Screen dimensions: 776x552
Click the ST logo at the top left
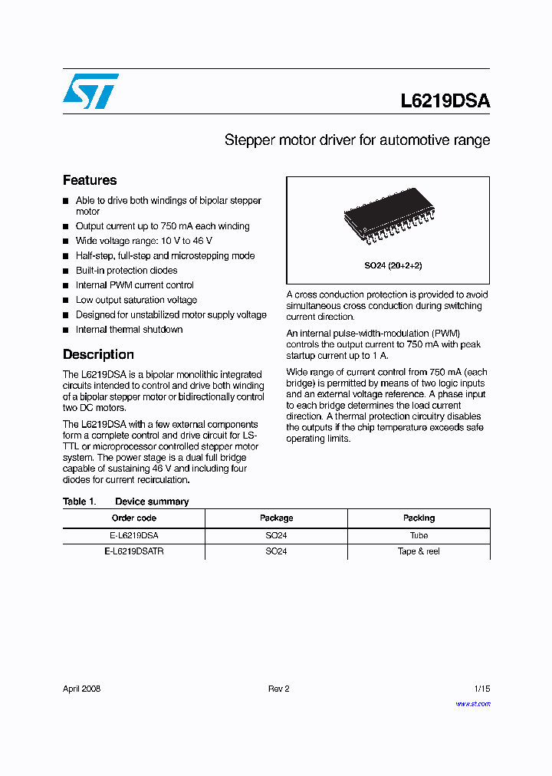point(90,91)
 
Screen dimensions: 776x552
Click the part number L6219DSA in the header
point(445,101)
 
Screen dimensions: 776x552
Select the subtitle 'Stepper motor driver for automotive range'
point(356,140)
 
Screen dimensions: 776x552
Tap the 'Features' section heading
point(90,180)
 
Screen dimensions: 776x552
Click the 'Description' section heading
point(98,354)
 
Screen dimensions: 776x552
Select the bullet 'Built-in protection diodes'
point(126,271)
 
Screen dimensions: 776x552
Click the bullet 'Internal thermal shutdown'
point(129,330)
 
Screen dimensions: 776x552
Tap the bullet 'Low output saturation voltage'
point(136,300)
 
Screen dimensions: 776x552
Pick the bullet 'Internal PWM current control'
point(134,285)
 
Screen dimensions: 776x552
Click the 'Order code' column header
point(133,518)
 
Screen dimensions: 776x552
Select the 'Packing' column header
point(419,518)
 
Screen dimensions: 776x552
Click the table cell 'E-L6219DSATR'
point(133,551)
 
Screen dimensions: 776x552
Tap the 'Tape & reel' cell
point(419,551)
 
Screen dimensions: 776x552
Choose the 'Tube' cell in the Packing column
point(419,535)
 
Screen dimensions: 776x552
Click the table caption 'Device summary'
point(151,501)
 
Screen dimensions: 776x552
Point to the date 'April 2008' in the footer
point(81,689)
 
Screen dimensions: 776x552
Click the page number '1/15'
point(481,689)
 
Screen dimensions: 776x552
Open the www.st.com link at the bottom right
point(472,704)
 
